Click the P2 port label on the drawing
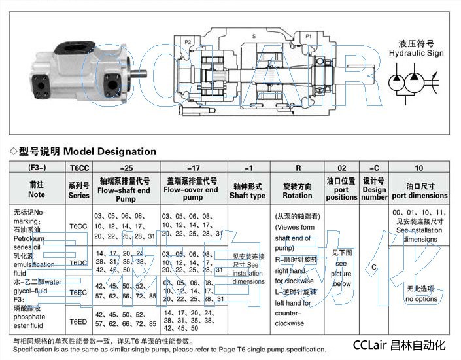pyautogui.click(x=188, y=42)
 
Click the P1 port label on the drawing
pyautogui.click(x=308, y=36)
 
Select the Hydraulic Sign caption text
pyautogui.click(x=411, y=54)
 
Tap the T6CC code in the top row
pyautogui.click(x=78, y=168)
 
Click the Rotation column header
pyautogui.click(x=297, y=190)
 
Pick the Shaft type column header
pyautogui.click(x=247, y=190)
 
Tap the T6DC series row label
pyautogui.click(x=78, y=262)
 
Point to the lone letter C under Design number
pyautogui.click(x=374, y=267)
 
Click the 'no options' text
pyautogui.click(x=420, y=299)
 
